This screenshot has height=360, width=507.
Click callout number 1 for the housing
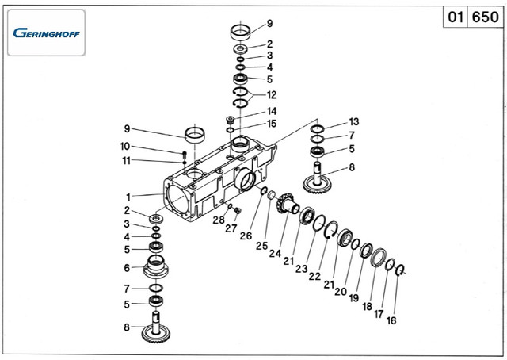(x=127, y=196)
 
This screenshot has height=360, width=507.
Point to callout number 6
(x=126, y=268)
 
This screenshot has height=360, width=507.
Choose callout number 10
(x=125, y=146)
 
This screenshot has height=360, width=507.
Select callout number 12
(x=272, y=95)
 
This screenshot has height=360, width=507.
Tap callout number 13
(x=353, y=121)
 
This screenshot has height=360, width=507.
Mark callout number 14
(x=272, y=111)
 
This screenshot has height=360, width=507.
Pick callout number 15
(x=272, y=124)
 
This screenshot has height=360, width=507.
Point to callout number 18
(x=367, y=306)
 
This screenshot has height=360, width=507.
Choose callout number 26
(x=245, y=236)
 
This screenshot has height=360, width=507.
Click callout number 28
(x=218, y=219)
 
